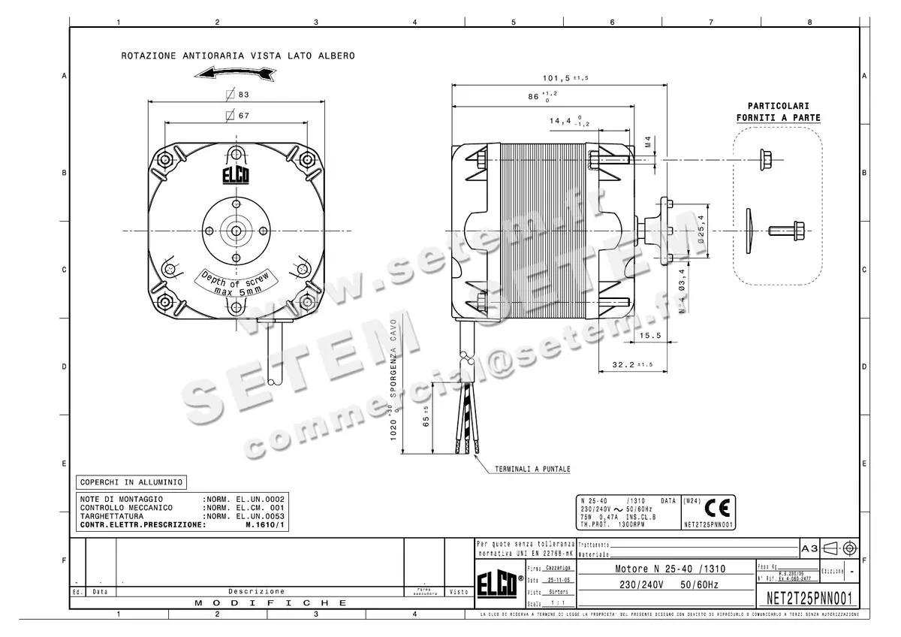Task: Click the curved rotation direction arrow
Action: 235,72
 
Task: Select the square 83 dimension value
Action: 238,95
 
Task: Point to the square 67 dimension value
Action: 238,116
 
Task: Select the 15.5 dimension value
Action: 650,337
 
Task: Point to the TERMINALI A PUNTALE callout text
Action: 532,469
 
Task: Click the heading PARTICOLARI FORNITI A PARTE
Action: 778,112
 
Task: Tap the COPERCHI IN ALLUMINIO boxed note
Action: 131,482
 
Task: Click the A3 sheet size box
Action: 809,549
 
